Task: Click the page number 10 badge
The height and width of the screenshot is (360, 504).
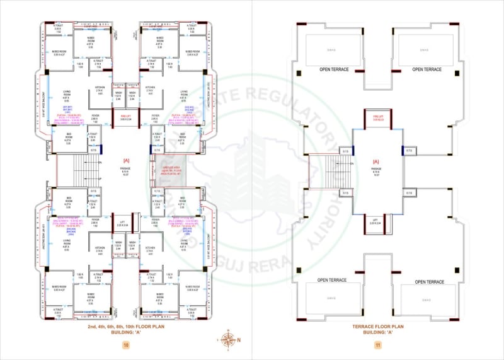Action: [126, 345]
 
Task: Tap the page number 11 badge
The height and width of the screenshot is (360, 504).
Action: [377, 345]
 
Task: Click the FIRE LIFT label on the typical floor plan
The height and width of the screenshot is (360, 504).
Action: [125, 117]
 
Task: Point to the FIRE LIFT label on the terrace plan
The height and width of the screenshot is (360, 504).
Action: [377, 118]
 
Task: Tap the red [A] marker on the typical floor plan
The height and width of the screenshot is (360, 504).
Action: [126, 161]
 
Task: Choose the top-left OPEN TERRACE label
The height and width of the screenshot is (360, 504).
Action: [335, 69]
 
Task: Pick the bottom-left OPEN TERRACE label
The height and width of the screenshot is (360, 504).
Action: [333, 281]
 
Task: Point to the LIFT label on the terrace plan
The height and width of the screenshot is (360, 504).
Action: [377, 221]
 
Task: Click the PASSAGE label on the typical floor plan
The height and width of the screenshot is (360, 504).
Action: [126, 169]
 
